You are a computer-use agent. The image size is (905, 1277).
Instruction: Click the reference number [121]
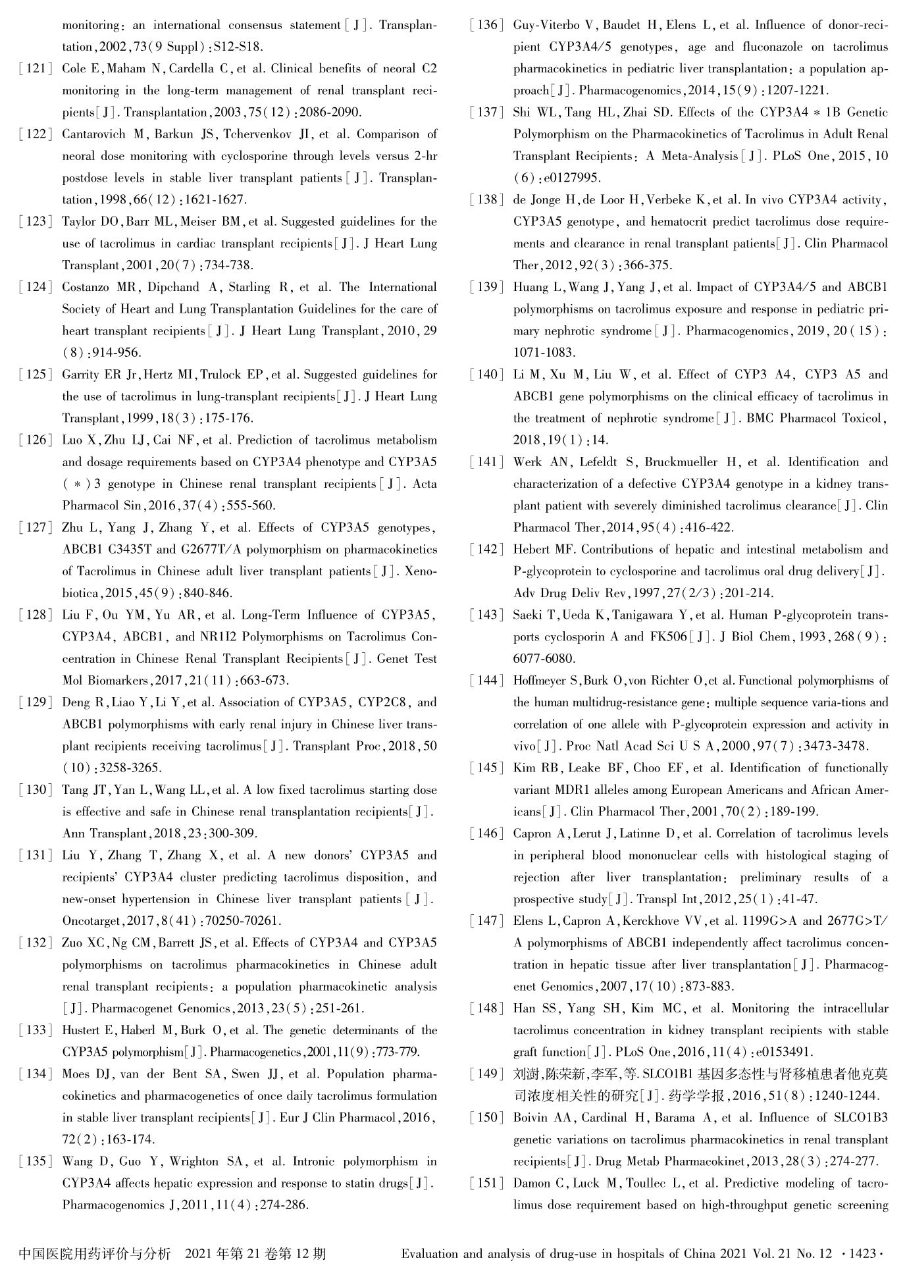(36, 69)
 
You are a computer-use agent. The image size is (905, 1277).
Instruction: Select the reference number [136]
(487, 26)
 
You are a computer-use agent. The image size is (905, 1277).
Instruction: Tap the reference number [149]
(487, 1074)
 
